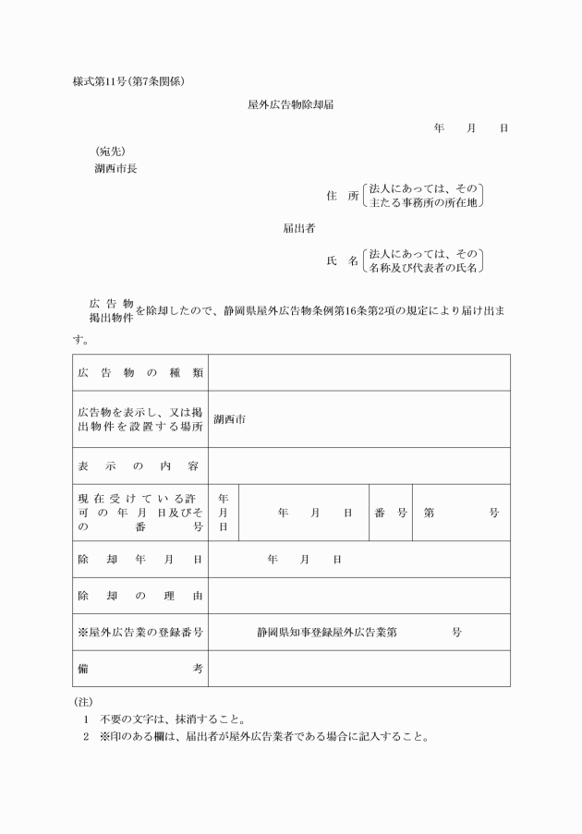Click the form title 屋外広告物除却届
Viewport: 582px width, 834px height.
click(x=291, y=105)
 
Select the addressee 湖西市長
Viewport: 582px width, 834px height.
click(x=115, y=169)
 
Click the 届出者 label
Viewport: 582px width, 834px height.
click(x=299, y=228)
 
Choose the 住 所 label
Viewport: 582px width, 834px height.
click(x=342, y=196)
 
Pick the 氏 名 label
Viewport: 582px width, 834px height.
click(x=342, y=261)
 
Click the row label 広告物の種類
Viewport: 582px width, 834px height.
click(x=140, y=372)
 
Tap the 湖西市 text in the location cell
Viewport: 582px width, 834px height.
click(x=229, y=419)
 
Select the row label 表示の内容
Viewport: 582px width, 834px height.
click(x=140, y=465)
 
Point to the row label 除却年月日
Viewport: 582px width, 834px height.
click(x=140, y=560)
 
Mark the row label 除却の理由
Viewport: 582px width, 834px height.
click(x=140, y=596)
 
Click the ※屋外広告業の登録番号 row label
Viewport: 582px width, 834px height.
click(x=140, y=633)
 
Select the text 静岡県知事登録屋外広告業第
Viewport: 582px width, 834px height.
click(x=328, y=633)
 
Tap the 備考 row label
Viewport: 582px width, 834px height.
click(x=140, y=669)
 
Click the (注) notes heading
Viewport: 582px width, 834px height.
click(x=82, y=702)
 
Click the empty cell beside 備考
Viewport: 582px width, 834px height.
click(x=358, y=669)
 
